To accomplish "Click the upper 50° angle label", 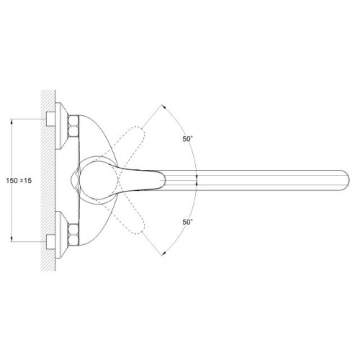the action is click(x=188, y=139).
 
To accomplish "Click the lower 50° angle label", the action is click(x=188, y=222).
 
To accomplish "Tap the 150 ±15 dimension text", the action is click(x=19, y=181).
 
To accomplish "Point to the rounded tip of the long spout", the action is click(x=347, y=181).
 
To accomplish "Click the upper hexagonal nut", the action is click(x=73, y=126).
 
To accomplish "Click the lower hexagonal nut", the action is click(x=73, y=235).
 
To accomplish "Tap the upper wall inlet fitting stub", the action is click(x=50, y=119).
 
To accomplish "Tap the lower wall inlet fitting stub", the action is click(x=50, y=242).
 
